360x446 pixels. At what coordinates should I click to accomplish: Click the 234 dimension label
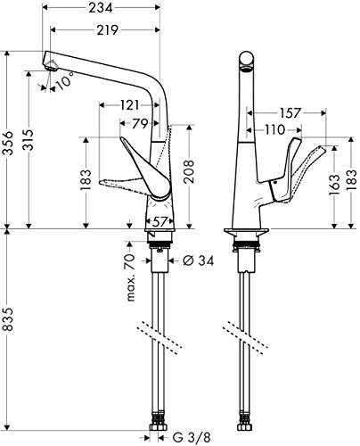coord(101,7)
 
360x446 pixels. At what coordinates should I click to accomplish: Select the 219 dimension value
coord(107,29)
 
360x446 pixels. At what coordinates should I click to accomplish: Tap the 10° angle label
coord(65,79)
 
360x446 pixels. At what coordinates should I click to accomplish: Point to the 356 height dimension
coord(9,143)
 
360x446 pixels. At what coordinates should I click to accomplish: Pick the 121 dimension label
coord(129,105)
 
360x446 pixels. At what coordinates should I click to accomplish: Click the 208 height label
coord(189,171)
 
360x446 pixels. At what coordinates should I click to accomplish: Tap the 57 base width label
coord(160,221)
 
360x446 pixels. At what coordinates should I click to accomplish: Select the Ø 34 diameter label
coord(198,260)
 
